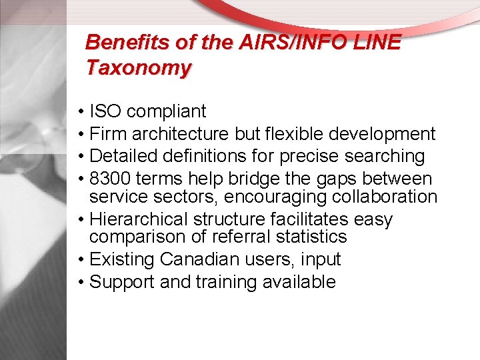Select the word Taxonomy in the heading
139,67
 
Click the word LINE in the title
377,43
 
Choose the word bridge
260,179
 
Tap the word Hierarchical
138,219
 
